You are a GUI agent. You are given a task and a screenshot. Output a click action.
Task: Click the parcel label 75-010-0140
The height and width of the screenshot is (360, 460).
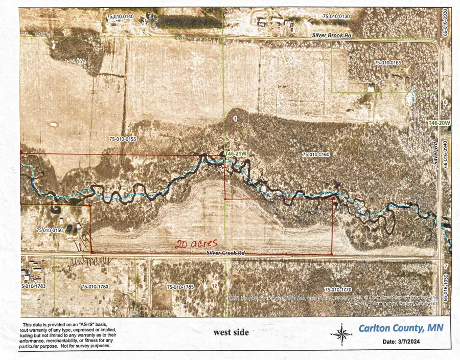[x=120, y=17]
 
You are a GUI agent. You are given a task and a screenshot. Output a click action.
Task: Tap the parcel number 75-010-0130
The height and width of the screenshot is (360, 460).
[x=336, y=17]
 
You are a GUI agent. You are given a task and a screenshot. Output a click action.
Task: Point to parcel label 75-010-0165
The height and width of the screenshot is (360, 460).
[x=388, y=63]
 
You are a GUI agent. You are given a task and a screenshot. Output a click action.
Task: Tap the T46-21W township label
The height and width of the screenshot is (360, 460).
[x=236, y=153]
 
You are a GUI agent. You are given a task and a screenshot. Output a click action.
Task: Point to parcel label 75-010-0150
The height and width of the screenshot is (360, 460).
[x=49, y=231]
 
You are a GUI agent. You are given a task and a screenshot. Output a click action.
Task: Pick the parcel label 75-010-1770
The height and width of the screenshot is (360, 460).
[x=338, y=289]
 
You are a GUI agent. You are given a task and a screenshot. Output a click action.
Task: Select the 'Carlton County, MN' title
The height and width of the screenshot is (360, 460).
[x=400, y=328]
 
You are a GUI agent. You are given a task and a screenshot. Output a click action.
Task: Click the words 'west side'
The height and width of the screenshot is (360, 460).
[x=232, y=332]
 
